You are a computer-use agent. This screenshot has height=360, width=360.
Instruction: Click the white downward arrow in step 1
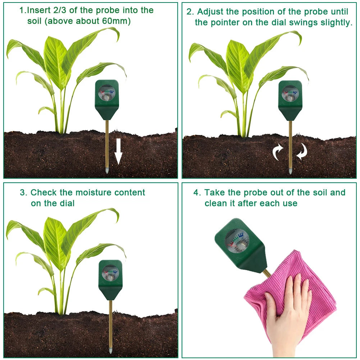click(x=118, y=152)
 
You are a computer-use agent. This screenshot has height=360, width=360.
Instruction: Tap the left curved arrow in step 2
click(x=278, y=152)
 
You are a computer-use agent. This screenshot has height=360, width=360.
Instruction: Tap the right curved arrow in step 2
click(x=302, y=151)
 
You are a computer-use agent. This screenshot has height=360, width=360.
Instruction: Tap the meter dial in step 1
click(x=107, y=92)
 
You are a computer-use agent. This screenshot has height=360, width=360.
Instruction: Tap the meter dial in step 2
click(x=290, y=93)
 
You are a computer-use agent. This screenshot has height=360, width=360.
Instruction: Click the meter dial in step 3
click(x=110, y=273)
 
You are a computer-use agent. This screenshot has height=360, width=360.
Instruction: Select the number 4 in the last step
click(x=197, y=192)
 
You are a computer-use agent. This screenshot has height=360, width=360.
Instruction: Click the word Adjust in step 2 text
click(x=210, y=12)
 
